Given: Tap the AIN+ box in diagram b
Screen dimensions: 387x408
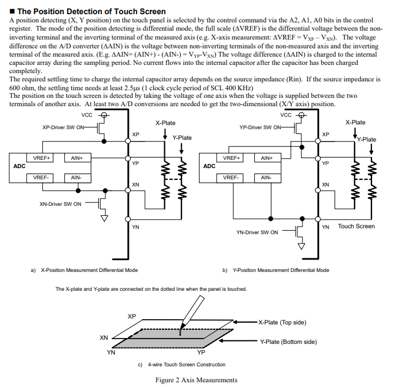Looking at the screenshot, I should click(x=267, y=158).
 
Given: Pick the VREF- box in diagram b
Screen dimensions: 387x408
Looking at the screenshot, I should click(x=232, y=177).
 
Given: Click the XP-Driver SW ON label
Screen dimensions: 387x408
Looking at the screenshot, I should click(x=64, y=127).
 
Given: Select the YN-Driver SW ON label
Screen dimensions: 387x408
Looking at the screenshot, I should click(x=257, y=232).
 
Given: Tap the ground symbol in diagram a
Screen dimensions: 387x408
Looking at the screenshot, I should click(x=104, y=218).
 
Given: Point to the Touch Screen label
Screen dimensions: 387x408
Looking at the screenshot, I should click(x=356, y=226).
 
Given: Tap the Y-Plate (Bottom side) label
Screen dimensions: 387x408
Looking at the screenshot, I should click(x=288, y=342).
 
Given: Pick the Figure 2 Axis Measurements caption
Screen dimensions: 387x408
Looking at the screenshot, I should click(x=196, y=380).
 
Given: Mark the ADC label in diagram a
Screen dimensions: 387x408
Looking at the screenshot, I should click(x=19, y=166).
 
